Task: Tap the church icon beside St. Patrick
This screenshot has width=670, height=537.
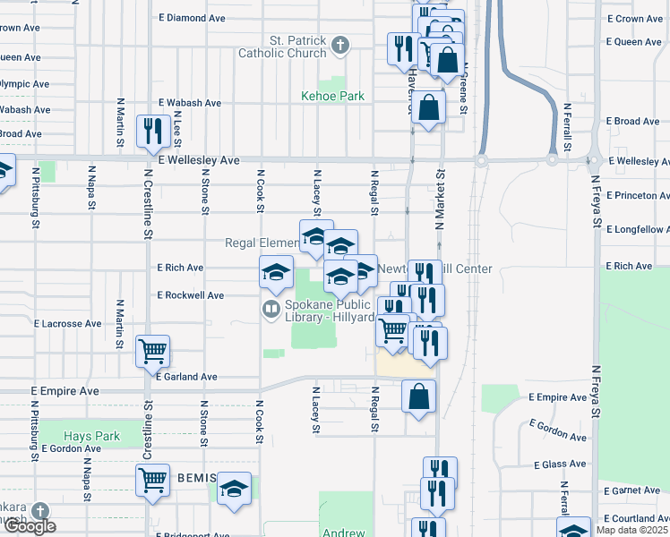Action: (x=340, y=44)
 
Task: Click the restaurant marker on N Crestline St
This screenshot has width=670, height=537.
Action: (x=151, y=131)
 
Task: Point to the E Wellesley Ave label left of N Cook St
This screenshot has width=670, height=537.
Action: (x=198, y=160)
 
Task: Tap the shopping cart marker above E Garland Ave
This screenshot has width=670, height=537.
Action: (x=151, y=351)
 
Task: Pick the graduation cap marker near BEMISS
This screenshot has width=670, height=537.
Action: (x=234, y=489)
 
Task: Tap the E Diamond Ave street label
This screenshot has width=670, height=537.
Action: (x=192, y=18)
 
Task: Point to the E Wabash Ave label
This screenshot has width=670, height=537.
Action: (x=189, y=103)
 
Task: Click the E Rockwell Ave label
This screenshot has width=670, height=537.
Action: (x=190, y=294)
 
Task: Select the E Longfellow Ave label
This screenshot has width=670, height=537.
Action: (x=637, y=230)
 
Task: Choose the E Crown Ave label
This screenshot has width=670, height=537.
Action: (x=634, y=18)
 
